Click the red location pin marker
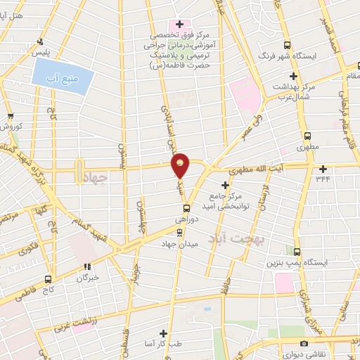point(181,165)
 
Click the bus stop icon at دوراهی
point(186,208)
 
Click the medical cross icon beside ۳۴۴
point(323,168)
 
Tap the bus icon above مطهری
point(307,136)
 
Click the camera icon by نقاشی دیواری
point(304,344)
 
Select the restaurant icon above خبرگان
point(87,266)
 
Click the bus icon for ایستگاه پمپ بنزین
point(297,252)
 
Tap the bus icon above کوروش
point(10,116)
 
